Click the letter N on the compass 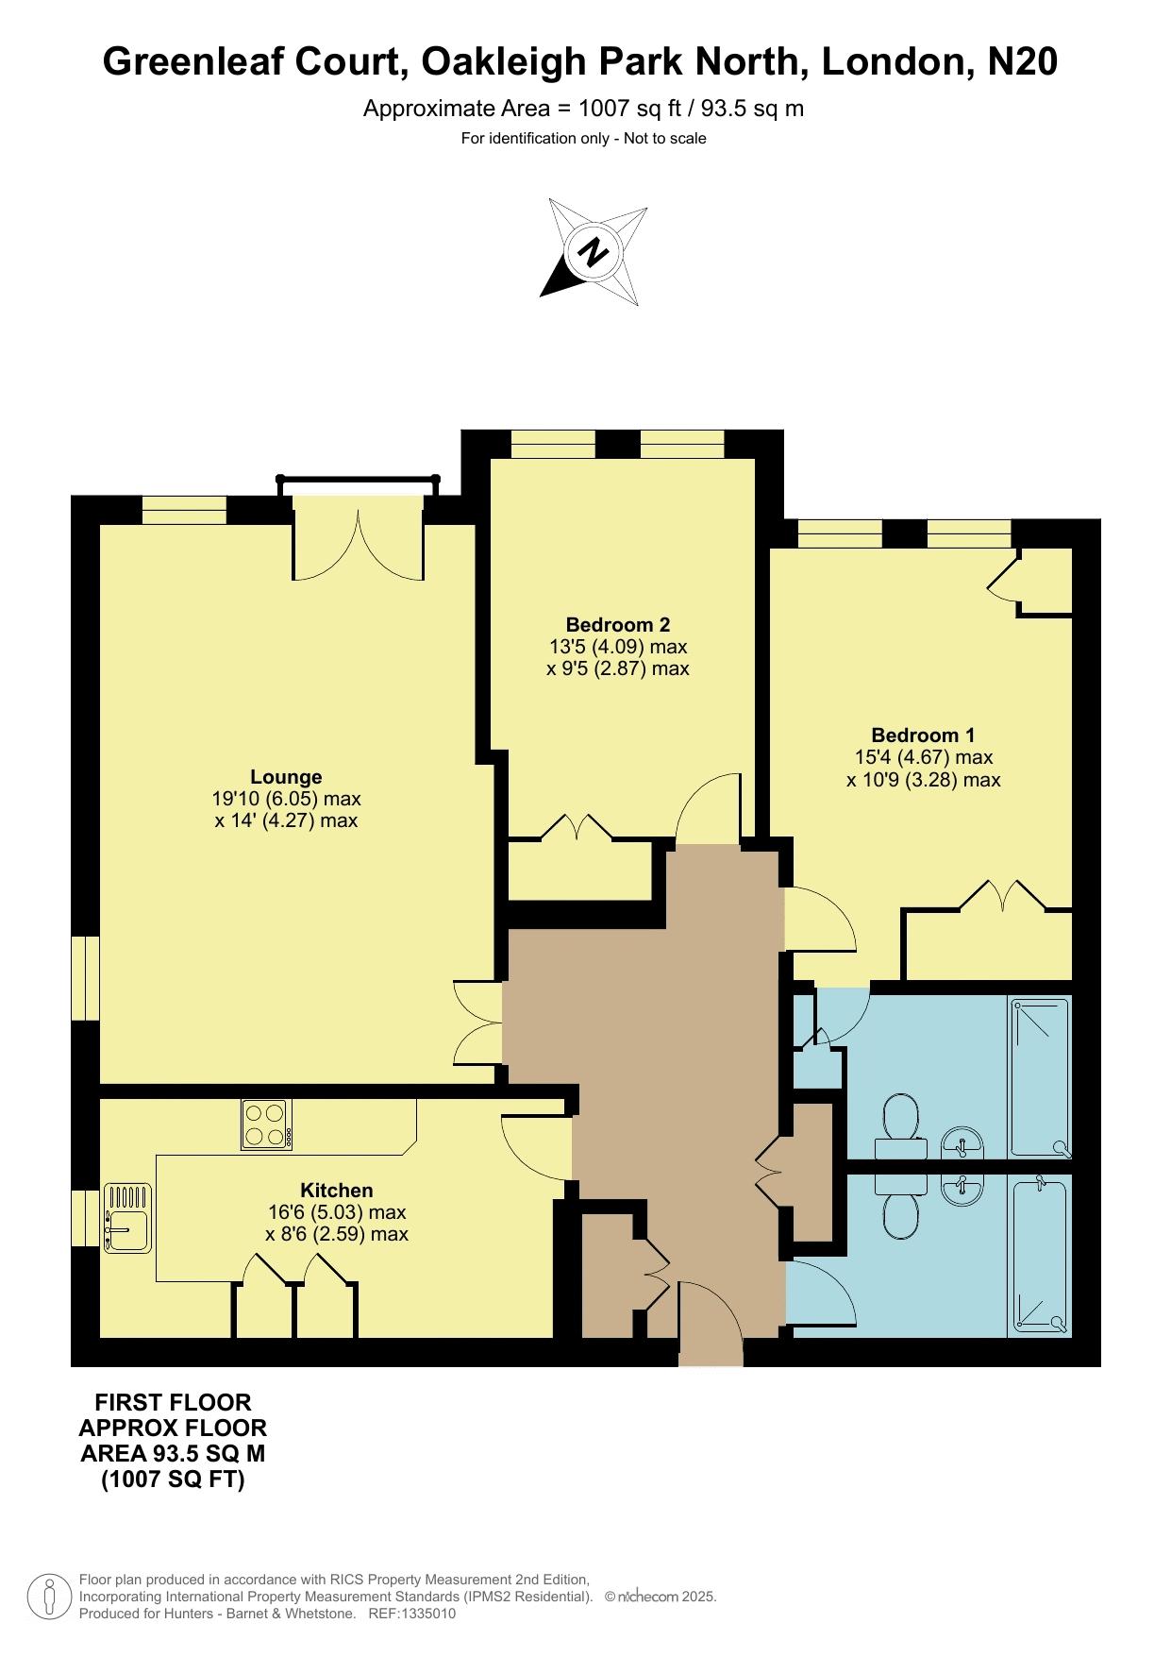pos(594,252)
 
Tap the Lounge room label pos(286,777)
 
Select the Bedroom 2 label pos(618,624)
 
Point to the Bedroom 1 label pos(923,735)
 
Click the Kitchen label pos(337,1190)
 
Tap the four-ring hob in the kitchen pos(266,1124)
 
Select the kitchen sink pos(127,1218)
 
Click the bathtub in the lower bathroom pos(1039,1256)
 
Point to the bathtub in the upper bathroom pos(1039,1077)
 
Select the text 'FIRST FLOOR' pos(173,1402)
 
